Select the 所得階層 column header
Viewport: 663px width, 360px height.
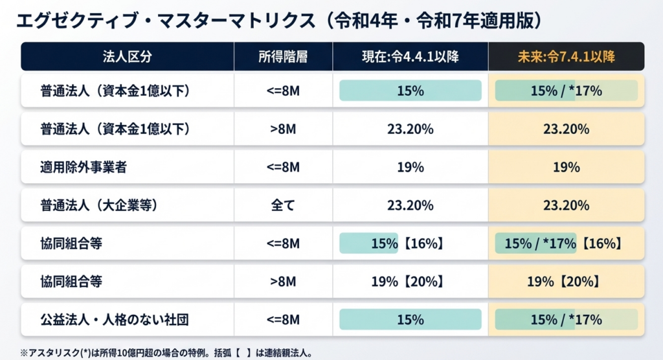[283, 57]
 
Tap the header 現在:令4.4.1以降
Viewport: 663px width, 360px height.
[410, 57]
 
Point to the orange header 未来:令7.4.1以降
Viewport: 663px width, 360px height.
[566, 57]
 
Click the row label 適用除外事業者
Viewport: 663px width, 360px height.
[83, 167]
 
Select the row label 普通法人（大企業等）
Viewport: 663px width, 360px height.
[99, 206]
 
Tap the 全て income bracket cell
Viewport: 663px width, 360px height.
[283, 206]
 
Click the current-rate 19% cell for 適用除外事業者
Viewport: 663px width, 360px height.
[410, 167]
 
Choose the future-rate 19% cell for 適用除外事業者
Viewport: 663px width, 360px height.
[566, 167]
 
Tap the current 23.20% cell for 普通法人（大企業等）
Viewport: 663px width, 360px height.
[410, 206]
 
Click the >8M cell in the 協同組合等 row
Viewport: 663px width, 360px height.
[283, 282]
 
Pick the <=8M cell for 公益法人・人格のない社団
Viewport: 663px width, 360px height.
[283, 319]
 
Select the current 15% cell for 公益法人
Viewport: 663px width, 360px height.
[410, 319]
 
